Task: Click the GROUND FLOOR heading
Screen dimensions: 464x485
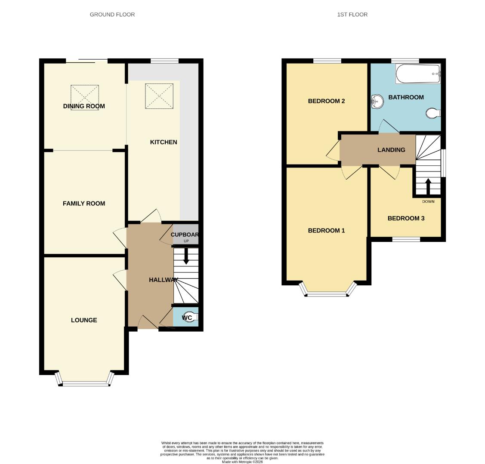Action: pos(112,15)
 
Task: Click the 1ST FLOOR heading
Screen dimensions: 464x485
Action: pos(352,15)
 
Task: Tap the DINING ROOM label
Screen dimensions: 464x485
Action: pos(84,106)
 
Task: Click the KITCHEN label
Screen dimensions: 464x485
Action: pos(163,142)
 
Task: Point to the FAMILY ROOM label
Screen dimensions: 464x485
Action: pos(84,204)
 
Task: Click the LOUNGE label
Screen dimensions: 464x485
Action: pos(84,320)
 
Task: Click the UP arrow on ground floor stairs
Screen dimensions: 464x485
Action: pos(186,258)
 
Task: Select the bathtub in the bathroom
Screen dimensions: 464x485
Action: pos(418,74)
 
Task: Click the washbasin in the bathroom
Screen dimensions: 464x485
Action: pos(377,102)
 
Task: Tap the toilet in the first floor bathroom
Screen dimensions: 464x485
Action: pos(432,113)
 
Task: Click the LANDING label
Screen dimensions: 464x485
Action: pos(391,150)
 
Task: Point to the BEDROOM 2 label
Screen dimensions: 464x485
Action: pos(326,101)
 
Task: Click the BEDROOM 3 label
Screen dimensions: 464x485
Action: pos(406,218)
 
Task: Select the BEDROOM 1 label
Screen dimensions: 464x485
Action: pos(326,231)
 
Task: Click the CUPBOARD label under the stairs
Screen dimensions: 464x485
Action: pos(185,235)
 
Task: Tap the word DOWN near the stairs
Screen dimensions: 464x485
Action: pos(428,201)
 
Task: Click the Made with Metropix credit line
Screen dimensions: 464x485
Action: pos(242,462)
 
